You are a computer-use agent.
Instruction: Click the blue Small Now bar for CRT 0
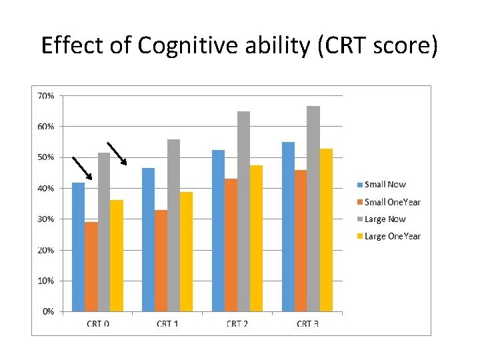(79, 247)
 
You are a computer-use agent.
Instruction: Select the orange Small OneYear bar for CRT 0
(91, 267)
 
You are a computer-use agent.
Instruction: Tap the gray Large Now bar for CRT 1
(173, 225)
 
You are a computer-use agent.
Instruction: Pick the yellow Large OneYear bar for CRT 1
(186, 251)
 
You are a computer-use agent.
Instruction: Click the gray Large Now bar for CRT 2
(244, 211)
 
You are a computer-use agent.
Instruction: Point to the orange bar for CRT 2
(231, 245)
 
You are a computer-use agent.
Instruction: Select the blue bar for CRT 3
(289, 227)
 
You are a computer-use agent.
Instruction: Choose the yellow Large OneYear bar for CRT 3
(326, 230)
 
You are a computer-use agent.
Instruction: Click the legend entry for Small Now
(381, 185)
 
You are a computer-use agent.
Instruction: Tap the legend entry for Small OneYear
(389, 202)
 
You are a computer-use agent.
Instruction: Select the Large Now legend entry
(381, 219)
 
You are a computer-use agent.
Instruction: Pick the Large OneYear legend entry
(389, 236)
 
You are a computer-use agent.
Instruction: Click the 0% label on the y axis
(49, 311)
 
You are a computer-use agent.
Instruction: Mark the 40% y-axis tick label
(46, 189)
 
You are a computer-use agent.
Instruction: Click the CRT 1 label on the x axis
(167, 323)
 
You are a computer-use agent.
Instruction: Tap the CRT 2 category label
(237, 323)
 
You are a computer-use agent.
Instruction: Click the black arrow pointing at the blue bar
(82, 169)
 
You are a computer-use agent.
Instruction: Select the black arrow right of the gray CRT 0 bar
(117, 154)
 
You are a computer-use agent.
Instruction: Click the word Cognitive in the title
(187, 46)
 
